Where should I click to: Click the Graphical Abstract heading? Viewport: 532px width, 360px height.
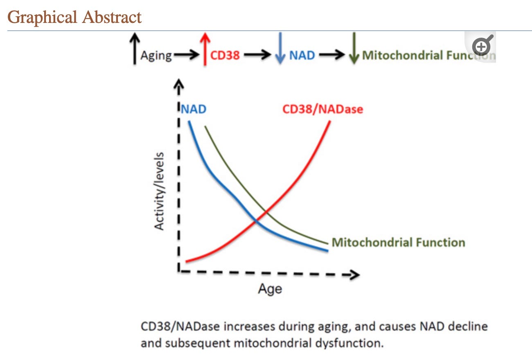(x=74, y=17)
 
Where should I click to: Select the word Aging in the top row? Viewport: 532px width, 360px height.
(x=156, y=56)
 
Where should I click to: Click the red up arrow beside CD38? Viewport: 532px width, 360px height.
(x=205, y=49)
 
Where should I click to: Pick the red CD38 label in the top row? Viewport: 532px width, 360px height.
(x=225, y=55)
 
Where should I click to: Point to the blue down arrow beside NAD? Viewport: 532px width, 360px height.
(x=280, y=49)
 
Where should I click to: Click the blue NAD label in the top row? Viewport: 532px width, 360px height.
(x=302, y=55)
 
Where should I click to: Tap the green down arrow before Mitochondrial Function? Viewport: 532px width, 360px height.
(x=354, y=49)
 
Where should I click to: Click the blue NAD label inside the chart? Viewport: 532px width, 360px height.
(x=194, y=110)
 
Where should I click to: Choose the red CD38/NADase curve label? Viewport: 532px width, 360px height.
(x=323, y=110)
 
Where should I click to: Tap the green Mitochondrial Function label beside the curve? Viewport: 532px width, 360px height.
(x=398, y=243)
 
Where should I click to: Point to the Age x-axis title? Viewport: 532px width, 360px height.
(x=270, y=289)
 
